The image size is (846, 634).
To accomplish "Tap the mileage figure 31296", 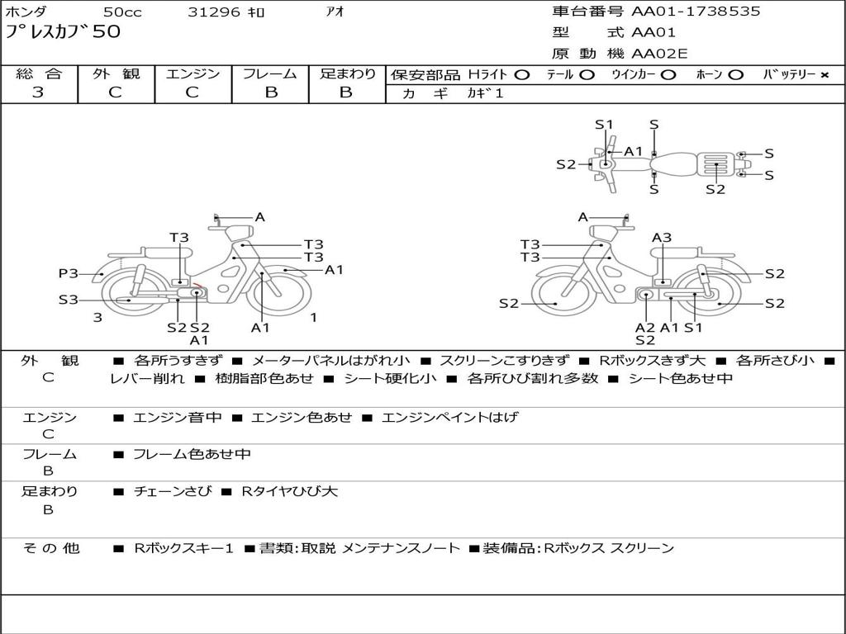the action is [214, 12].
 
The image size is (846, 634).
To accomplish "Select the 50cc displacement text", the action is [121, 12].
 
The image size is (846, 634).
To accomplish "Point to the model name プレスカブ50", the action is [63, 32].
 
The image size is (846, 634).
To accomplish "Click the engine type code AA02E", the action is [659, 54].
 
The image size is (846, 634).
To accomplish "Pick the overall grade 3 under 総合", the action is [38, 92].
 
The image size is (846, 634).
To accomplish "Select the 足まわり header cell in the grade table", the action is [348, 74].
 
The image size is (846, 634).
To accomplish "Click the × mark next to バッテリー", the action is [824, 75].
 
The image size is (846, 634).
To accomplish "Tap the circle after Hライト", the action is [521, 75].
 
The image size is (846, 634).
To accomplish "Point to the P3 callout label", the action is [68, 273].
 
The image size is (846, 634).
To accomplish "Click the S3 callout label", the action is [68, 300].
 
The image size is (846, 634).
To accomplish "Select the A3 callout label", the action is [662, 238].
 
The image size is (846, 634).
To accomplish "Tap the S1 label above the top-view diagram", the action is [604, 125].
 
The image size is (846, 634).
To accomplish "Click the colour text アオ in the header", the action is [335, 12].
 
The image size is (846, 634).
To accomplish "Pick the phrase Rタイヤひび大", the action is [289, 491].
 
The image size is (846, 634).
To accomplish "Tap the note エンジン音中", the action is [178, 418].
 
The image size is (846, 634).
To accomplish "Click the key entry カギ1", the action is [485, 93].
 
